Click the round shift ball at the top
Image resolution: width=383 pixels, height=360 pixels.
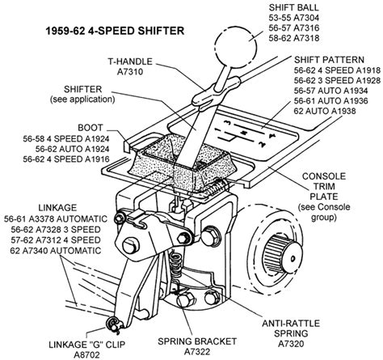pyautogui.click(x=236, y=46)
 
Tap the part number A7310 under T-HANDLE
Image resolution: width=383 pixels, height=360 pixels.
pyautogui.click(x=130, y=72)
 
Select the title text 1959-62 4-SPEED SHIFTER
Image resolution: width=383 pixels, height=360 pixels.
pyautogui.click(x=115, y=31)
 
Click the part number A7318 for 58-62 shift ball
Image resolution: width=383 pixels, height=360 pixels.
pyautogui.click(x=306, y=38)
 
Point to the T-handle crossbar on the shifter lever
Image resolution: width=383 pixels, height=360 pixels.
pyautogui.click(x=216, y=91)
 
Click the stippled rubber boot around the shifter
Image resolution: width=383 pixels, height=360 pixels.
pyautogui.click(x=183, y=163)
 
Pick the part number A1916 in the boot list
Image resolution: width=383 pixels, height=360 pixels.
pyautogui.click(x=97, y=159)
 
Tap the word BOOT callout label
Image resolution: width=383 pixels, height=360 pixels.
pyautogui.click(x=90, y=128)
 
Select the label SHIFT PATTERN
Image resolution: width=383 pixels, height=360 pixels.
pyautogui.click(x=329, y=60)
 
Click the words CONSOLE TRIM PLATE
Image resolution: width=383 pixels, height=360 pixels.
pyautogui.click(x=324, y=186)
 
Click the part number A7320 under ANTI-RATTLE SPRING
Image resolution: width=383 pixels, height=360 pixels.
pyautogui.click(x=291, y=344)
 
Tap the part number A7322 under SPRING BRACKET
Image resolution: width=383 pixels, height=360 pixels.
pyautogui.click(x=197, y=352)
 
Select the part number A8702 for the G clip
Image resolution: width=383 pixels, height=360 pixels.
pyautogui.click(x=86, y=355)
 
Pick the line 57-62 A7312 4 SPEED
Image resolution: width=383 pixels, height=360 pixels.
pyautogui.click(x=56, y=240)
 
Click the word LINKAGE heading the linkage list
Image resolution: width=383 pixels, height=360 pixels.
pyautogui.click(x=57, y=208)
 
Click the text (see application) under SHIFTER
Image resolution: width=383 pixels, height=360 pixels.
pyautogui.click(x=82, y=100)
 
